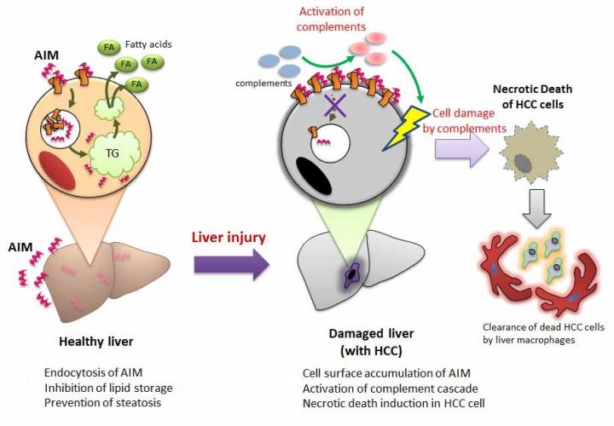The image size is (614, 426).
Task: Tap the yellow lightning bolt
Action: (x=408, y=132)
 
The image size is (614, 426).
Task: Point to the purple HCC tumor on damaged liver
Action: (x=350, y=277)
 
